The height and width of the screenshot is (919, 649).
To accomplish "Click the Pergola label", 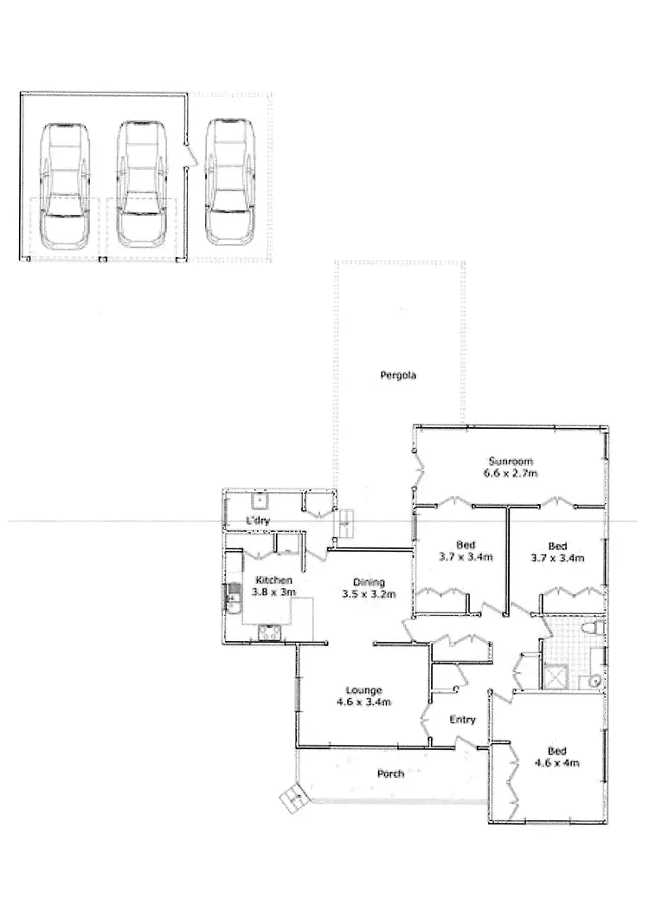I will (x=399, y=376).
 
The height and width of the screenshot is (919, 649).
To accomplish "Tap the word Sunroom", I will (x=510, y=461).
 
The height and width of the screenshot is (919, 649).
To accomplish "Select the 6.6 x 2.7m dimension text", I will (x=511, y=474).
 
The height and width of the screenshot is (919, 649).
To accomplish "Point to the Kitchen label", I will (x=273, y=579).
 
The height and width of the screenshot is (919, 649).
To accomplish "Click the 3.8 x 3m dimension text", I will (x=273, y=592).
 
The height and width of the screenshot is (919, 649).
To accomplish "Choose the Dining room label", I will (x=369, y=582).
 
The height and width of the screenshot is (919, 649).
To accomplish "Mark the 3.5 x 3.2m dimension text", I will (x=369, y=595).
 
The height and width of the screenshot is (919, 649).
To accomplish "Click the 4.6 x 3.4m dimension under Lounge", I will (x=364, y=702).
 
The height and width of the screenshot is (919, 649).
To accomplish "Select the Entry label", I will (x=462, y=720).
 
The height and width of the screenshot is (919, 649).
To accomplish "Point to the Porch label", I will (x=390, y=773).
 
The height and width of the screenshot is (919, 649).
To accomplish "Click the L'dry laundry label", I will (x=259, y=520).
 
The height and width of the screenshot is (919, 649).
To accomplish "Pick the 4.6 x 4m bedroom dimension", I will (x=556, y=763).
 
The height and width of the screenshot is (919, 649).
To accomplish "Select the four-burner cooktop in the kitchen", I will (x=269, y=633).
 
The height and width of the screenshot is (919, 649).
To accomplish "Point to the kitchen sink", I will (x=232, y=596).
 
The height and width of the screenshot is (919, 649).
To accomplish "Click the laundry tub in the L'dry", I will (x=258, y=500).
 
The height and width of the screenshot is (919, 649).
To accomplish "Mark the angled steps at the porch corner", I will (x=292, y=797).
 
